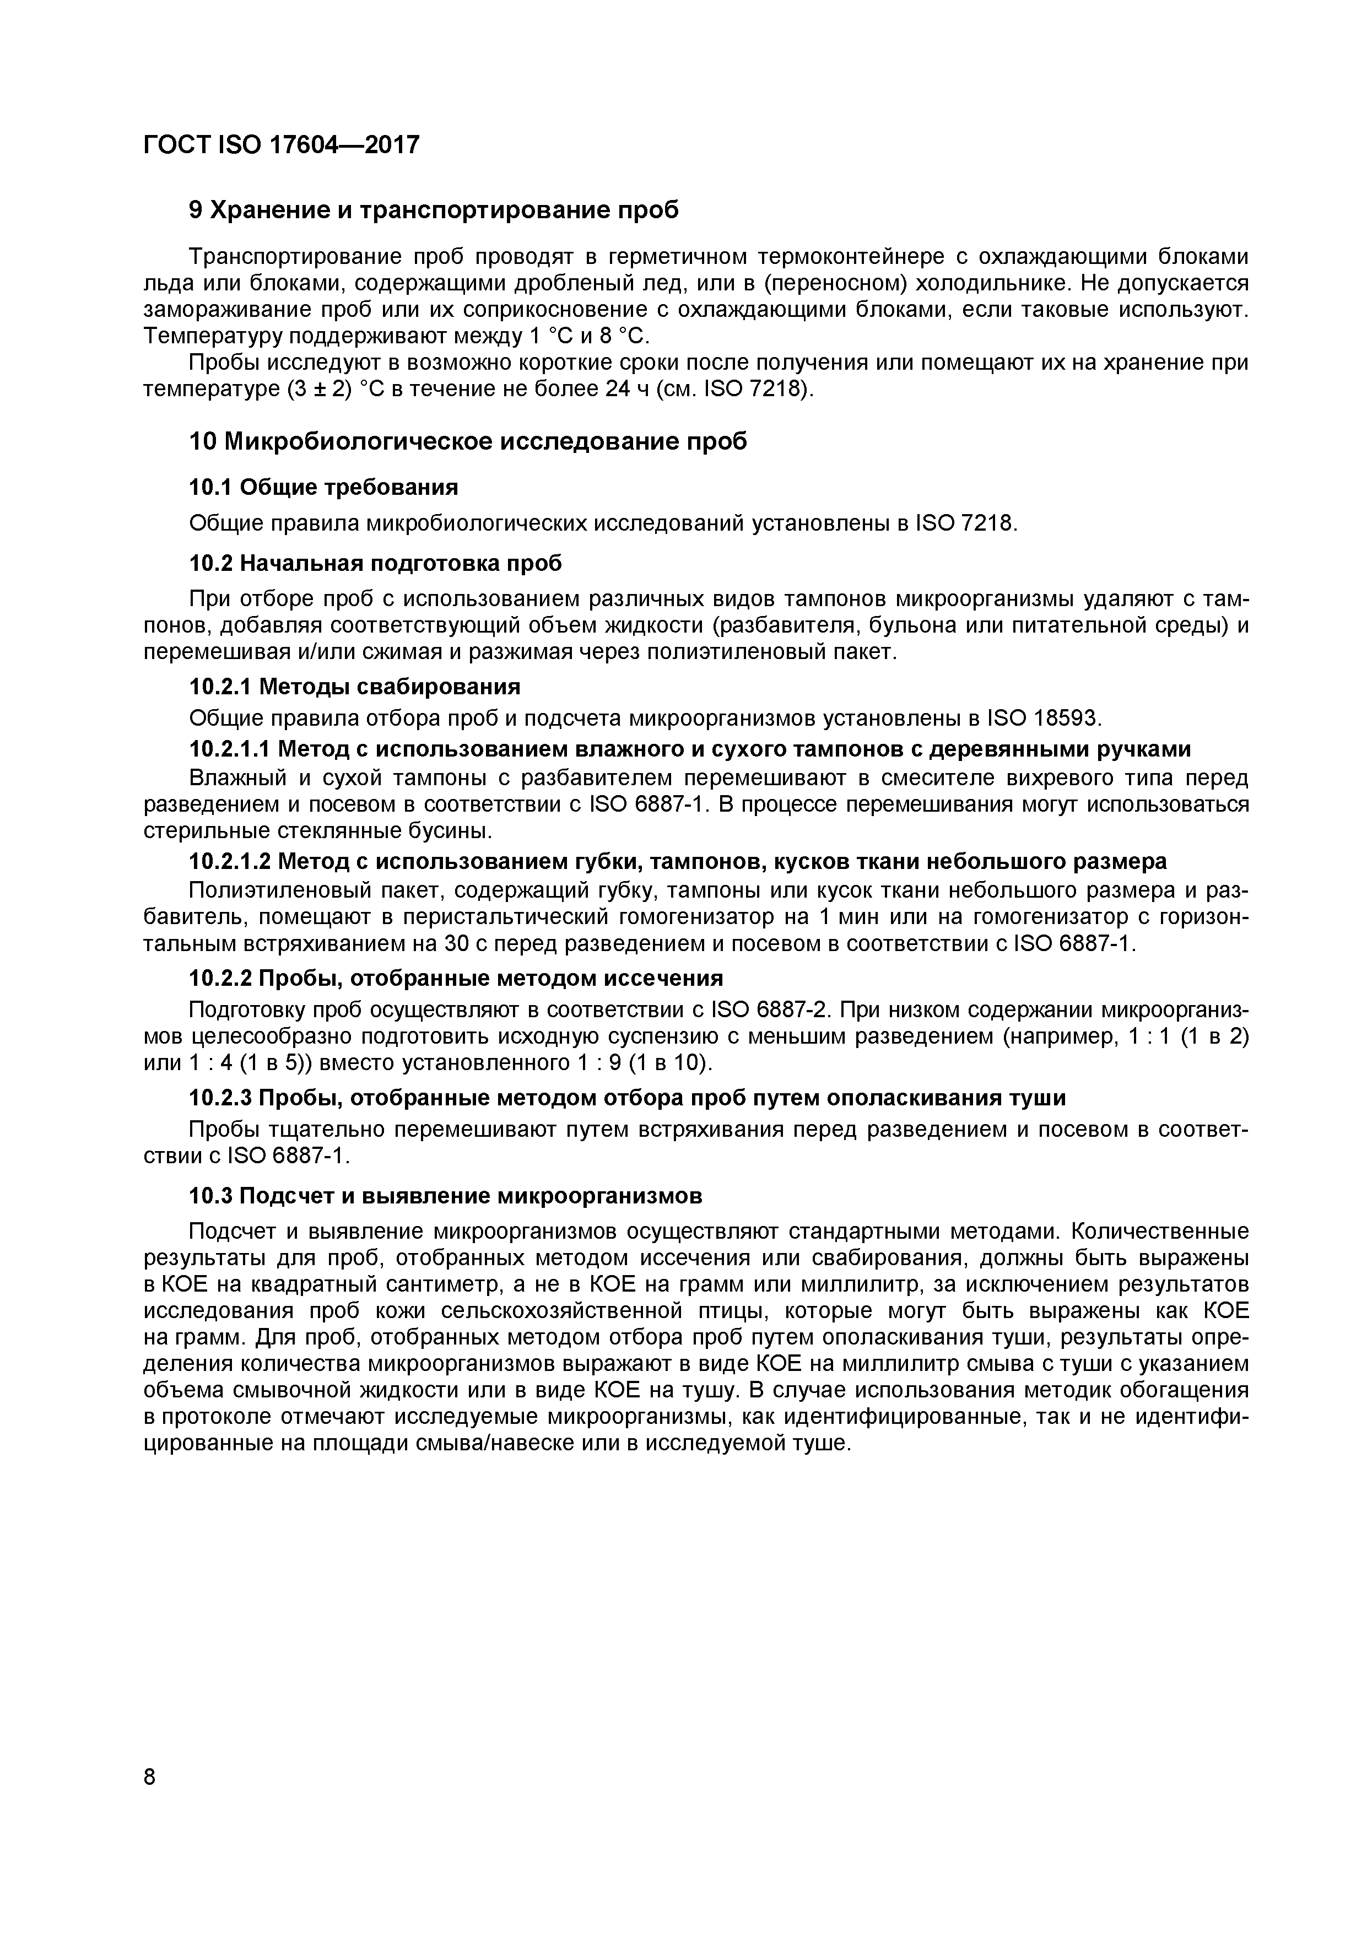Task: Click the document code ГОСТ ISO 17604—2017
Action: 281,145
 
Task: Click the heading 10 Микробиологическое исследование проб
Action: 468,441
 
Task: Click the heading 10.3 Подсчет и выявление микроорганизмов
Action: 445,1196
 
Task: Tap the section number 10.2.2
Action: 220,978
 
